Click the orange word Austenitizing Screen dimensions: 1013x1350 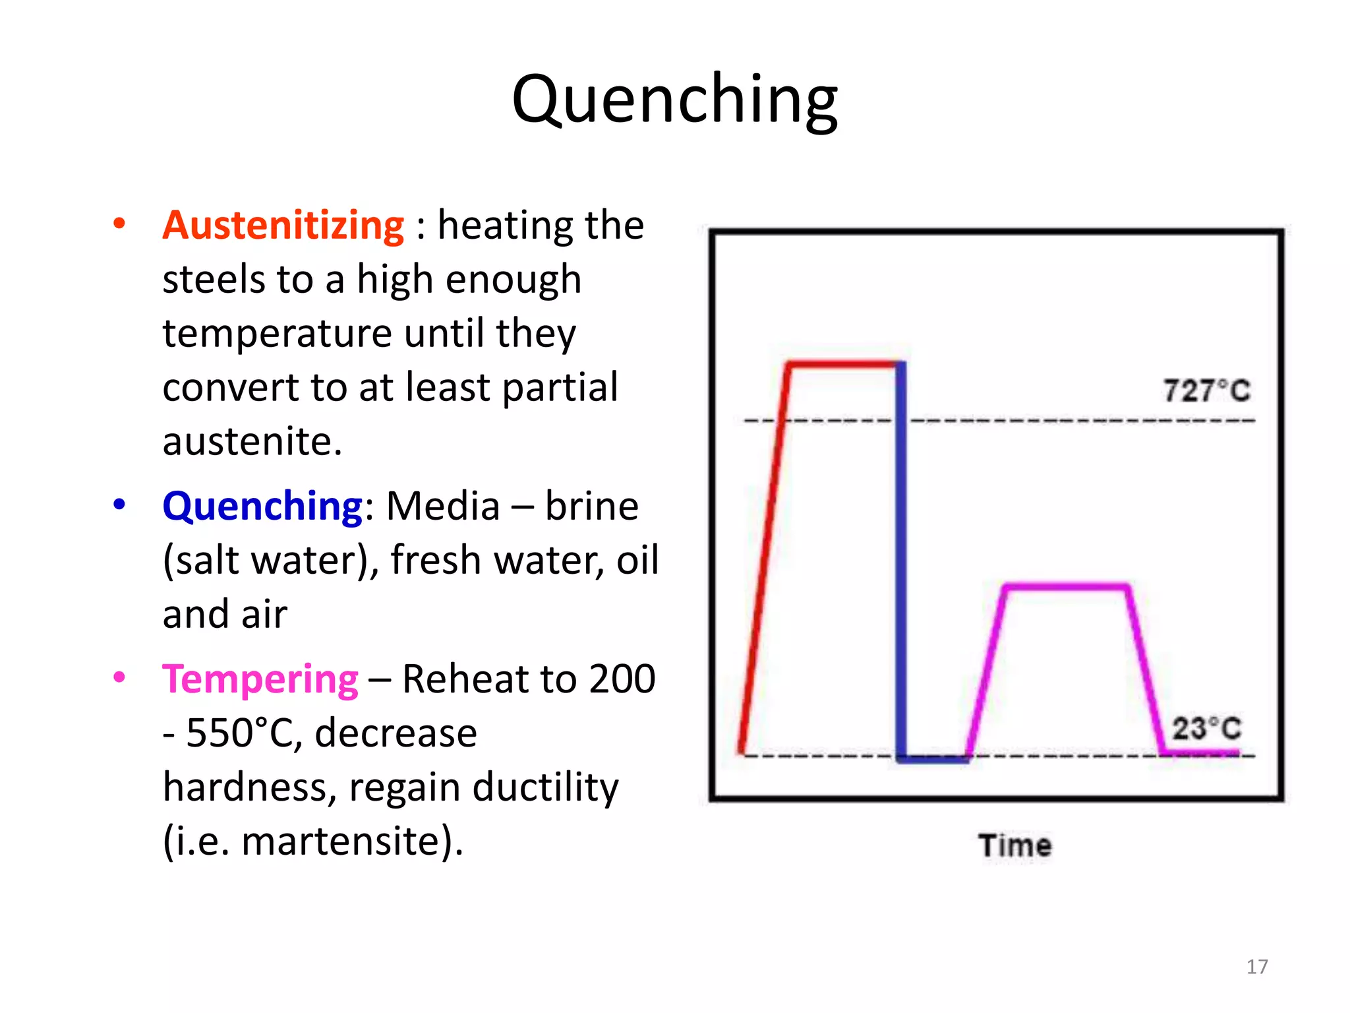(x=283, y=226)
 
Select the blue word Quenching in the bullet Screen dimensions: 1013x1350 (x=262, y=506)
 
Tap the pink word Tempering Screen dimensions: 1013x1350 (x=260, y=679)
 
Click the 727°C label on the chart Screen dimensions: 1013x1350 (x=1206, y=390)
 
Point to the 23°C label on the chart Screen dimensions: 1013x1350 (x=1206, y=729)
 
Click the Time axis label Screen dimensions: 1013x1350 (x=1014, y=845)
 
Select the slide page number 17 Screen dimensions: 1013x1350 (x=1256, y=967)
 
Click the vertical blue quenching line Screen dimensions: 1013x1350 (x=900, y=561)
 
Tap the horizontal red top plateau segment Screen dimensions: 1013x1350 (x=844, y=364)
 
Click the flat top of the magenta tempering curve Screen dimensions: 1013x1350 (x=1065, y=586)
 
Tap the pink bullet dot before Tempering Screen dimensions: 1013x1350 (x=119, y=678)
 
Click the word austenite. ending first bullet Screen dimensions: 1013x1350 (x=252, y=441)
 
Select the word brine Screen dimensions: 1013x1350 (x=591, y=506)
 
